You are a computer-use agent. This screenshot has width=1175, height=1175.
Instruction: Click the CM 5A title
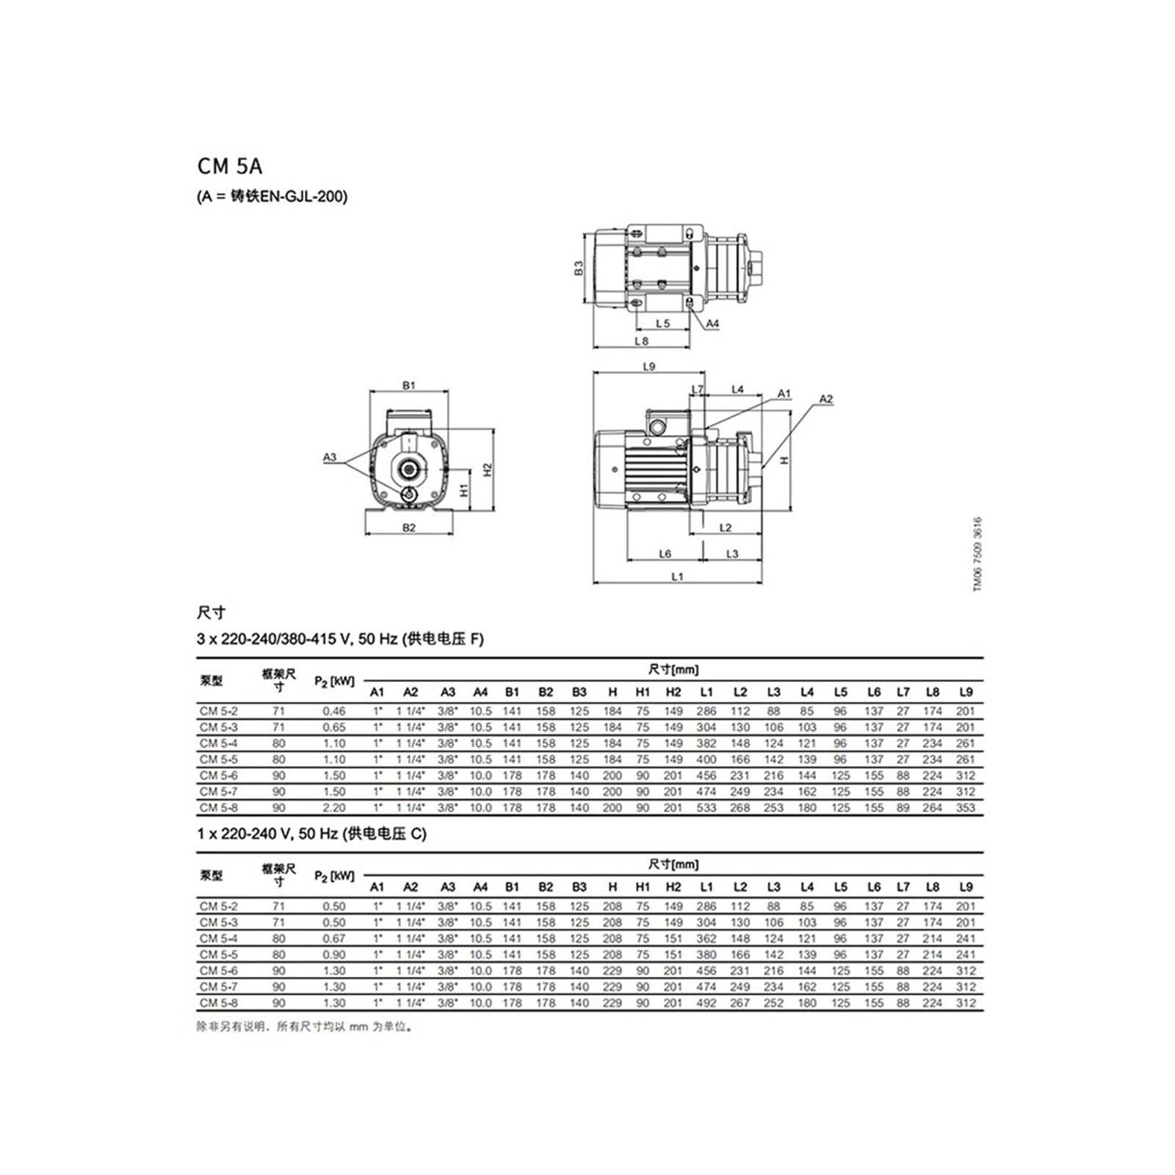[x=230, y=166]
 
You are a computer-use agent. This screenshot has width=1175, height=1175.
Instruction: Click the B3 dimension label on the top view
[x=579, y=268]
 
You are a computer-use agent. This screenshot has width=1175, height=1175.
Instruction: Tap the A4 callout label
[x=712, y=323]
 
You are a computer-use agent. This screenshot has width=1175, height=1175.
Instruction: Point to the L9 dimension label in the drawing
[x=648, y=366]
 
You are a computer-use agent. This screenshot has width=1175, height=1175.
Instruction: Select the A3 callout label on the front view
[x=330, y=457]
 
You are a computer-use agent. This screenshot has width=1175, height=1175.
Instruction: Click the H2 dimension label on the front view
[x=488, y=469]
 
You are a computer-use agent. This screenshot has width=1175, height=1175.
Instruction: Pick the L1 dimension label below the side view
[x=677, y=576]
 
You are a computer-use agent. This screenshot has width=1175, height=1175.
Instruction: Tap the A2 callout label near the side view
[x=826, y=399]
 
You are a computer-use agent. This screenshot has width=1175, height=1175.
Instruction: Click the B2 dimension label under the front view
[x=409, y=527]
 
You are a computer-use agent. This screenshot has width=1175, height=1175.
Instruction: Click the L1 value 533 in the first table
[x=706, y=808]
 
